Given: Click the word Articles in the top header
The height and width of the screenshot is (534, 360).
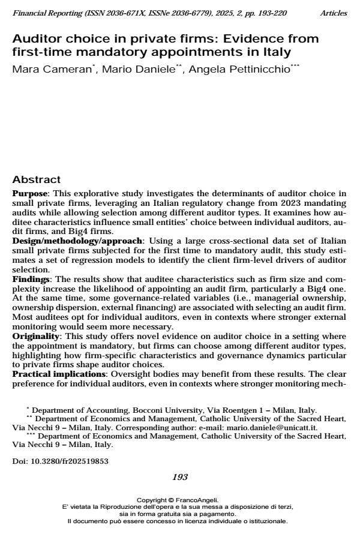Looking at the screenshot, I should (x=334, y=13).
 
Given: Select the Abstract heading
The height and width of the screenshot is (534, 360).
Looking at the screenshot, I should (x=37, y=179).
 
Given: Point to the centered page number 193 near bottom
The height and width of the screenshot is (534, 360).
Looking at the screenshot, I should (x=180, y=477).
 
